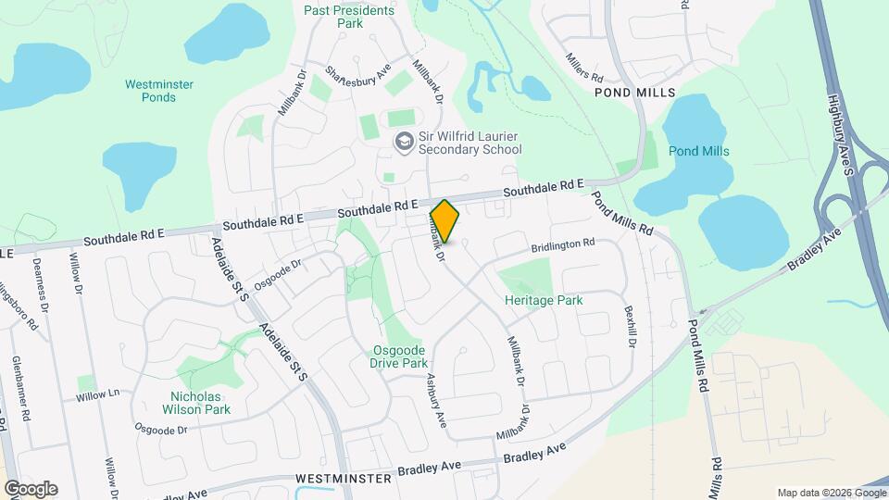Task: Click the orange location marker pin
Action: (444, 220)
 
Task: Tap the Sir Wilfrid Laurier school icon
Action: (403, 142)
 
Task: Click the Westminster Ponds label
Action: (159, 91)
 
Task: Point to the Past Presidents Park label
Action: (350, 16)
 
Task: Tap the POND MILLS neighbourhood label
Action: (635, 94)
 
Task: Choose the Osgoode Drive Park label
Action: (398, 356)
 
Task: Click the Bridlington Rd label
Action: (562, 246)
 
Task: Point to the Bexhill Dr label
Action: (631, 326)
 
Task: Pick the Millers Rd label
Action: (585, 64)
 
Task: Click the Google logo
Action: (31, 489)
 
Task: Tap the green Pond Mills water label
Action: (699, 151)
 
